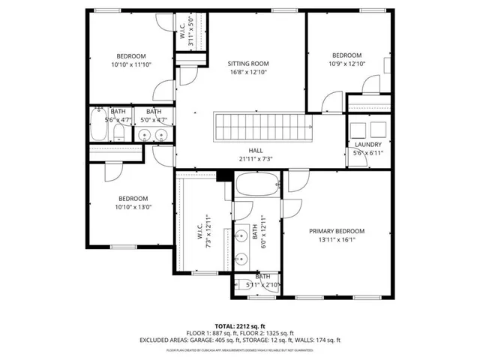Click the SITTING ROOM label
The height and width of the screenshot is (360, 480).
pyautogui.click(x=248, y=64)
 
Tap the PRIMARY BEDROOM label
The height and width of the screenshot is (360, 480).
pyautogui.click(x=337, y=231)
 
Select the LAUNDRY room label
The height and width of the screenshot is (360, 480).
pyautogui.click(x=367, y=145)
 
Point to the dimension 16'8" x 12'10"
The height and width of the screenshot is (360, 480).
pyautogui.click(x=248, y=73)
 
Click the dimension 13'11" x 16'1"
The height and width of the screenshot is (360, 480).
pyautogui.click(x=337, y=240)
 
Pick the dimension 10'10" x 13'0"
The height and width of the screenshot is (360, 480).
pyautogui.click(x=133, y=207)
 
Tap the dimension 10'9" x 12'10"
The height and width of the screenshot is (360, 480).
pyautogui.click(x=347, y=64)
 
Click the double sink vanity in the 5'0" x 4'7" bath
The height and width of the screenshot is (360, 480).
pyautogui.click(x=154, y=135)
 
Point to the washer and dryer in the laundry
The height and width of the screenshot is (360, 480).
pyautogui.click(x=367, y=127)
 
